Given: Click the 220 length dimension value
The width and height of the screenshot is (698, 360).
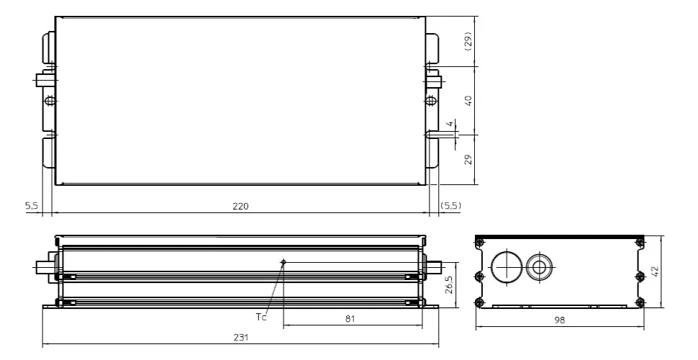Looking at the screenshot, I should pos(240,207).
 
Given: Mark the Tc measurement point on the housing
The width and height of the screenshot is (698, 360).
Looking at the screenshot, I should pos(284,262).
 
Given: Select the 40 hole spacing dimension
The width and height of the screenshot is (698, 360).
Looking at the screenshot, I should pos(468,100).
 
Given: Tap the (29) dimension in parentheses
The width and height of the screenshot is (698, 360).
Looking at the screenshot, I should pos(468,40).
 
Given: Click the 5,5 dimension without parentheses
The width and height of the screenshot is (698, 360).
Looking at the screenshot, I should pos(32,207).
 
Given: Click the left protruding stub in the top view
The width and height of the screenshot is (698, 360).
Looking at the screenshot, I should pos(42,80).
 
